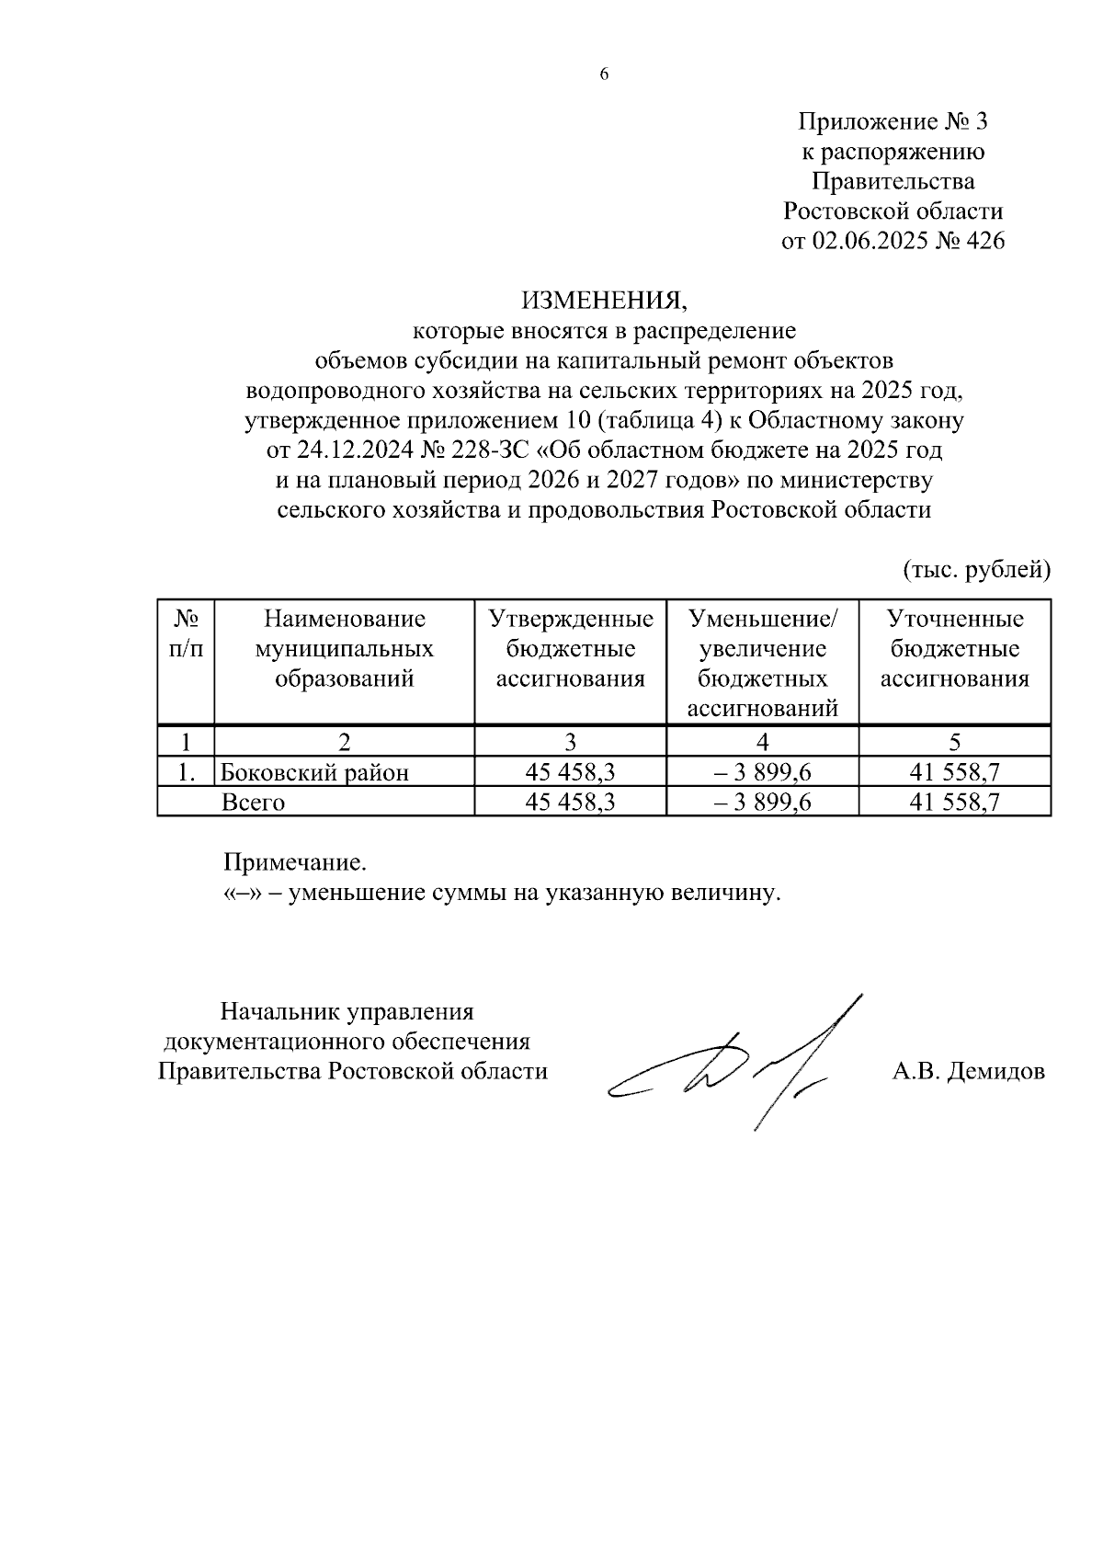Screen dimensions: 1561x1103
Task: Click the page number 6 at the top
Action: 604,75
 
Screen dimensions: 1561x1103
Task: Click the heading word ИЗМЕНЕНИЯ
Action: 604,300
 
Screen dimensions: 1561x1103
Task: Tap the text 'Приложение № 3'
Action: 893,121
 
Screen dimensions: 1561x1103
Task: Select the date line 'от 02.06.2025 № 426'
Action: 893,242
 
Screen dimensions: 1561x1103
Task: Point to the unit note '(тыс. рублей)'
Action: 976,570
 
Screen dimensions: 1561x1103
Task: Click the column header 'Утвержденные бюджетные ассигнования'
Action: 570,649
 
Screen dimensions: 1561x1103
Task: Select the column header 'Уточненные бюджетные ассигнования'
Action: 954,649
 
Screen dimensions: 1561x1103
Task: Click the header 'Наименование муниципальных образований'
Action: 344,649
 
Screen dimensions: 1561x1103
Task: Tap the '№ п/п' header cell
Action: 186,634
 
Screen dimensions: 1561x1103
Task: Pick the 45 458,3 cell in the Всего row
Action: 570,803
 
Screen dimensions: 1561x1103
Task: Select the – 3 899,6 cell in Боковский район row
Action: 763,772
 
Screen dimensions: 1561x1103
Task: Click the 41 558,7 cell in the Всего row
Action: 954,803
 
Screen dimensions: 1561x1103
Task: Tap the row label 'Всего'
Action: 254,803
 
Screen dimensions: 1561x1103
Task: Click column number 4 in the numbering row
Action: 763,742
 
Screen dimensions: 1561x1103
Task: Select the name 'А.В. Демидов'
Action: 968,1071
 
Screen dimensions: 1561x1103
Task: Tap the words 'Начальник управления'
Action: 347,1012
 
